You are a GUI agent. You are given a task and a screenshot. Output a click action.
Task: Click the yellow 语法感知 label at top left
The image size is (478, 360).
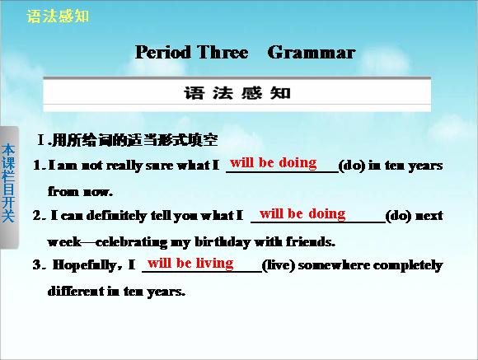(x=58, y=16)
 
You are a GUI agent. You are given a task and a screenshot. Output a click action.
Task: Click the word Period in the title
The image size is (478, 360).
(x=163, y=52)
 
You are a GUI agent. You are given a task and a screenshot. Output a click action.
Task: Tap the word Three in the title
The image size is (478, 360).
(x=223, y=52)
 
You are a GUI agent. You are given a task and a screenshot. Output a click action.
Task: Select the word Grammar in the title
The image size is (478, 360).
(x=312, y=52)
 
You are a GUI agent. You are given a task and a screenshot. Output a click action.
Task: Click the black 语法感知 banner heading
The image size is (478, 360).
(x=237, y=92)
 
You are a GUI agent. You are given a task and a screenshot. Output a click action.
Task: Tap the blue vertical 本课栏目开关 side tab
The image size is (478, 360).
(x=8, y=183)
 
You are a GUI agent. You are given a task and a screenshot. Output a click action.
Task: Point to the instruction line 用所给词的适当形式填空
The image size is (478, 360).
(x=134, y=140)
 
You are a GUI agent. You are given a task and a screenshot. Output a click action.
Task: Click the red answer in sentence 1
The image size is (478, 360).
(x=274, y=162)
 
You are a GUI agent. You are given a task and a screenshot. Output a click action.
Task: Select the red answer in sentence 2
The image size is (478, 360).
(x=302, y=213)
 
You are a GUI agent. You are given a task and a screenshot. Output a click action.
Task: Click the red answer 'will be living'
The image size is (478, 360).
(x=190, y=263)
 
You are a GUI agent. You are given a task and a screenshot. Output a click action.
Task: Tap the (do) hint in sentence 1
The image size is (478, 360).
(x=352, y=166)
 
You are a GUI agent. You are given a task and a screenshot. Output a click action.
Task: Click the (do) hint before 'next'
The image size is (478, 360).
(x=399, y=216)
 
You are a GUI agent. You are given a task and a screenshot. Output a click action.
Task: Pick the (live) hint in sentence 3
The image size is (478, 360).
(x=279, y=265)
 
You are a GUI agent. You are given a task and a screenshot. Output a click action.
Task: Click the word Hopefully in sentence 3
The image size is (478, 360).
(x=84, y=265)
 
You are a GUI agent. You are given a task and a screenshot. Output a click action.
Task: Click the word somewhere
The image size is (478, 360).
(x=334, y=265)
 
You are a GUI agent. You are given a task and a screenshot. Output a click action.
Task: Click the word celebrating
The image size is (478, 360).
(x=131, y=242)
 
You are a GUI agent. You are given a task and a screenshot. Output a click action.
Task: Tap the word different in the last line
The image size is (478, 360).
(x=76, y=291)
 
